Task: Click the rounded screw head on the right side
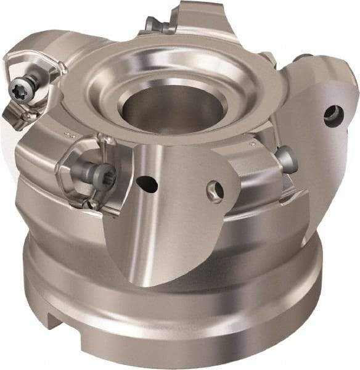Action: pyautogui.click(x=287, y=159)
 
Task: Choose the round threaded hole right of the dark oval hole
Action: pyautogui.click(x=215, y=190)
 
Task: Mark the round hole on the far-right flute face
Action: pyautogui.click(x=333, y=115)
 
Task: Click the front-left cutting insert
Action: pyautogui.click(x=92, y=173)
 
